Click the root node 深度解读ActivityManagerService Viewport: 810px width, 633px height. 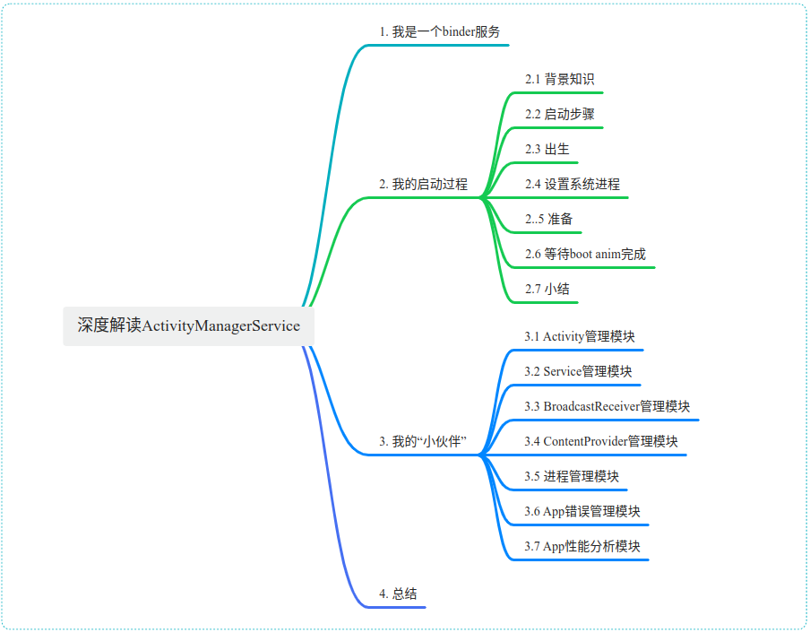coord(188,325)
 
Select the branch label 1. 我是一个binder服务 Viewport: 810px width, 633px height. coord(439,31)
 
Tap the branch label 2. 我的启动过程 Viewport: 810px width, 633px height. coord(423,185)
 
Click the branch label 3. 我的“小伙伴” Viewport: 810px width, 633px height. coord(424,442)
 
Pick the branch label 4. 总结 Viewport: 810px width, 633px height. coord(398,594)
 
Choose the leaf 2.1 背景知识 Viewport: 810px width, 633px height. coord(559,79)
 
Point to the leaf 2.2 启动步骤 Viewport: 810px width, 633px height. coord(559,114)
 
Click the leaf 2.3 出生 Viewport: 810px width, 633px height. coord(547,149)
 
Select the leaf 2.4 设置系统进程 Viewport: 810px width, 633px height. coord(572,184)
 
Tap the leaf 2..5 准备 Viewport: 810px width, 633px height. coord(548,219)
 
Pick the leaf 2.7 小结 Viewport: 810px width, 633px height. coord(547,289)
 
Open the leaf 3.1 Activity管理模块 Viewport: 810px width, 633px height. coord(580,336)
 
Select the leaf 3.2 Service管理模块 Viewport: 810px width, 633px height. coord(579,371)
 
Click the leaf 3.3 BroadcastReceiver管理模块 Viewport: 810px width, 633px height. coord(607,406)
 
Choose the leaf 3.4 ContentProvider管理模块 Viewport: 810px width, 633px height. coord(600,441)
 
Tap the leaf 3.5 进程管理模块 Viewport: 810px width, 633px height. coord(572,476)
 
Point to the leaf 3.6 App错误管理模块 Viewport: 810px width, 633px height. coord(582,511)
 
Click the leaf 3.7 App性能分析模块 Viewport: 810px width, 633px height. coord(582,546)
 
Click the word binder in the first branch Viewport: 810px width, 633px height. coord(459,31)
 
